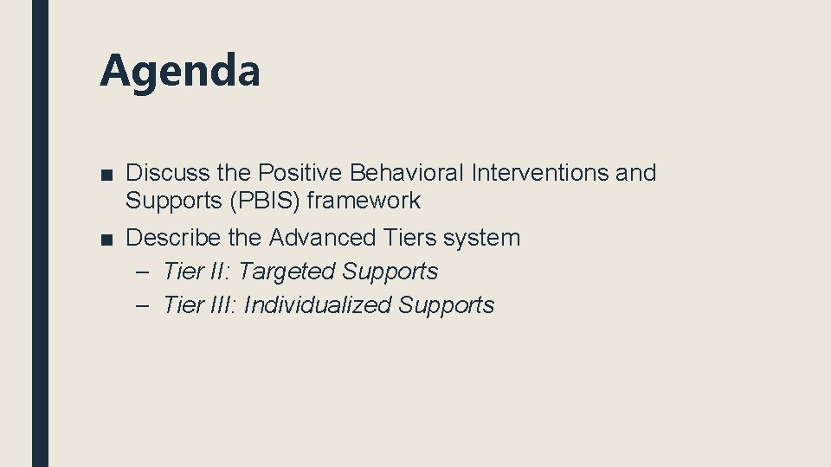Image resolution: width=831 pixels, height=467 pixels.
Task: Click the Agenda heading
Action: coord(179,71)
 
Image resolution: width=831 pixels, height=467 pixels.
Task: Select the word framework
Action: coord(364,201)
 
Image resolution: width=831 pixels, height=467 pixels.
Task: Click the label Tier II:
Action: coord(196,272)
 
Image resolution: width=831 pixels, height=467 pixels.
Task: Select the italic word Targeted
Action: coord(286,272)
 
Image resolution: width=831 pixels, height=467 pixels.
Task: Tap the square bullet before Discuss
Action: coord(106,174)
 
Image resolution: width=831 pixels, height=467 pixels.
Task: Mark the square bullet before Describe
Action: coord(106,238)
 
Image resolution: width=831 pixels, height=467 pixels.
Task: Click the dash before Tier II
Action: coord(143,272)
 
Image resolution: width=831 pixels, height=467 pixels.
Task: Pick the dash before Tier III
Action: coord(143,305)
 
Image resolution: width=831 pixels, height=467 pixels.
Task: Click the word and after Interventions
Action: coord(635,173)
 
